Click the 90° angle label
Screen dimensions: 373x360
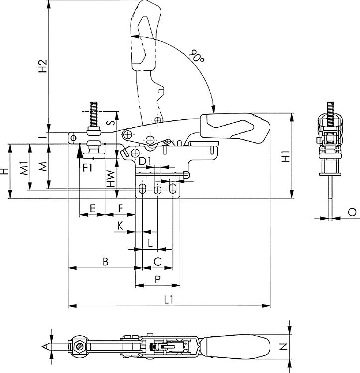[x=197, y=56]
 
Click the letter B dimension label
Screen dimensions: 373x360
[x=105, y=261]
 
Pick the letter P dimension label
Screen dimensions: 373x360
[x=157, y=280]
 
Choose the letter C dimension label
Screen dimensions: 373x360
[x=157, y=261]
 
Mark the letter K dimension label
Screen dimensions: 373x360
[x=120, y=226]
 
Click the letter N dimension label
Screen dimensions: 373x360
[x=283, y=346]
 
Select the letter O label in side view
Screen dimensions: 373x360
[x=352, y=212]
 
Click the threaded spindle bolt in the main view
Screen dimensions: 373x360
[x=94, y=114]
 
